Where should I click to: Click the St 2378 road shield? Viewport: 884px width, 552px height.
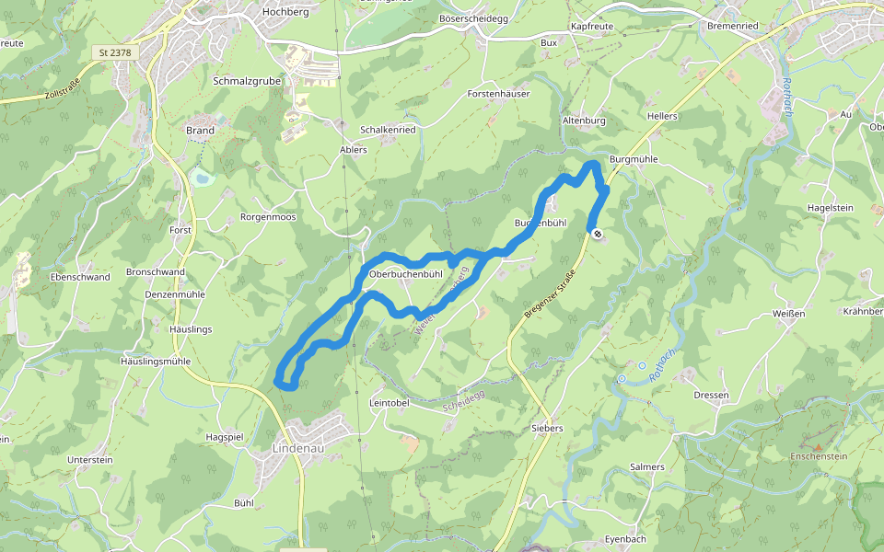(x=115, y=53)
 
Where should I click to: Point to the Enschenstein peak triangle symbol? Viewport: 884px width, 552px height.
(x=819, y=447)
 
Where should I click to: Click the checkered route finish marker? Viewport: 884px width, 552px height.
(x=597, y=234)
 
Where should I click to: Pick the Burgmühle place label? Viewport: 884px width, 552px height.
(x=634, y=159)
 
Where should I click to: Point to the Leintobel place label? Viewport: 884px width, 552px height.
(x=388, y=403)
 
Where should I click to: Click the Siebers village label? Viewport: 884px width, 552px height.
(x=547, y=429)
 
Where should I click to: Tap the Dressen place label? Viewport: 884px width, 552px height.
(x=713, y=396)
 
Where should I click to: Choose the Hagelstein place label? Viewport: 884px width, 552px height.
(x=830, y=209)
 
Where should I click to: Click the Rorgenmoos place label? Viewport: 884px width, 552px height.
(x=268, y=218)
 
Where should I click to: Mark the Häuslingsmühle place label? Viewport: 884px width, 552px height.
(x=156, y=362)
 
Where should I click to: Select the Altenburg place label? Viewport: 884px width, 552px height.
(x=584, y=121)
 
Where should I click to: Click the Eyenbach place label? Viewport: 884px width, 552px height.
(x=626, y=539)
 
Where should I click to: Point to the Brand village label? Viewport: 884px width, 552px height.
(x=200, y=131)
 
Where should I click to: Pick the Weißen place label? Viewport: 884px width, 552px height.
(x=790, y=314)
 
